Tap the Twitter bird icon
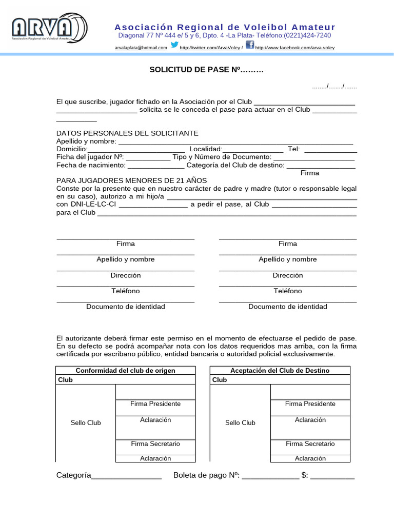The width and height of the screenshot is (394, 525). point(174,45)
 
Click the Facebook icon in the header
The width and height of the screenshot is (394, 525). point(249,45)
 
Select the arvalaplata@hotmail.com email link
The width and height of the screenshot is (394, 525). point(141,48)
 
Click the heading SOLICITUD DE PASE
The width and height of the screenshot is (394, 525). point(205,69)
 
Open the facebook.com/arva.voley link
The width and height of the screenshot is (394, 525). point(294,48)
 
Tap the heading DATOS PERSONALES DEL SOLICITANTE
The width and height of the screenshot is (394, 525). point(127,133)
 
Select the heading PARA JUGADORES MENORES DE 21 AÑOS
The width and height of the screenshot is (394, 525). point(131,180)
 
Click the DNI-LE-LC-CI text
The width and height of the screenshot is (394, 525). point(86,204)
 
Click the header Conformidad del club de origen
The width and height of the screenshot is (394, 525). point(126,371)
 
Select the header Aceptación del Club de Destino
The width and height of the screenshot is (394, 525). point(280,371)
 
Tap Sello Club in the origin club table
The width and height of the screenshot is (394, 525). point(86,423)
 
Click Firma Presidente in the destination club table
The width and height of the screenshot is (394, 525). point(310,404)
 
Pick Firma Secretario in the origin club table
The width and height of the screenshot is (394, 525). point(155,444)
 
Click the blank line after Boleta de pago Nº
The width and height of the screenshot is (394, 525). point(270,476)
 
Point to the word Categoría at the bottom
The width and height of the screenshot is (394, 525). point(73,475)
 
